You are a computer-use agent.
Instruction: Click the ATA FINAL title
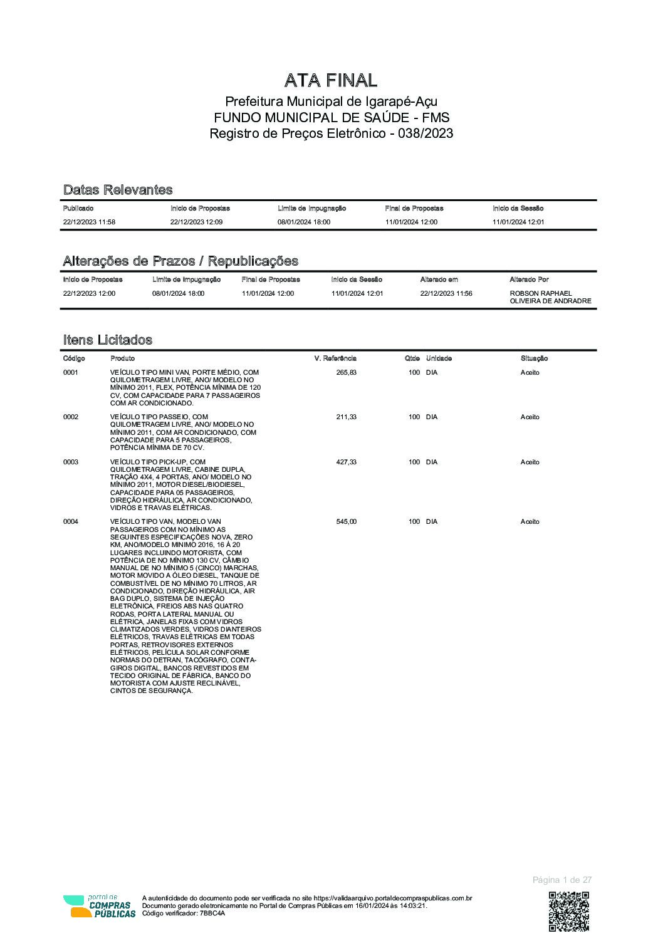click(x=331, y=80)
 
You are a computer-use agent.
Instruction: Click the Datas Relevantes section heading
click(x=118, y=190)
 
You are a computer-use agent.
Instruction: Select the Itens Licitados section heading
click(x=108, y=340)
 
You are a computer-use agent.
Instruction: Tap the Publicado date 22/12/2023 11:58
click(x=89, y=222)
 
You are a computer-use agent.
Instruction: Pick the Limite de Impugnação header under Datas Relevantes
click(x=311, y=208)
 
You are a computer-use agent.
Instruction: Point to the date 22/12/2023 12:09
click(x=196, y=222)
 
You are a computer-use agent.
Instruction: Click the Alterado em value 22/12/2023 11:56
click(x=446, y=293)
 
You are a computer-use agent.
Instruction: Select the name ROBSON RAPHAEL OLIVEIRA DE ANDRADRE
click(x=550, y=297)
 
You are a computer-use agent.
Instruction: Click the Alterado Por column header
click(x=529, y=279)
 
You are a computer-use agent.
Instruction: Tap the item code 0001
click(x=71, y=372)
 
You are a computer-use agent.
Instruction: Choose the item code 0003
click(x=71, y=462)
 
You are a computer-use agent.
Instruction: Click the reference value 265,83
click(x=346, y=372)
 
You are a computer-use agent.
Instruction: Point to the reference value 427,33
click(x=346, y=462)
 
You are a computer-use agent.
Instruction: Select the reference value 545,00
click(x=346, y=521)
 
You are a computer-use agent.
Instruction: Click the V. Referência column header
click(x=335, y=358)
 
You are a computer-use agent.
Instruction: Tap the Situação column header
click(x=534, y=358)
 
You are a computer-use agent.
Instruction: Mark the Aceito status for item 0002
click(x=530, y=417)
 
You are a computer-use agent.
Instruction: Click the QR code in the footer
click(x=569, y=910)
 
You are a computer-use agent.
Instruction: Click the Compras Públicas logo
click(x=99, y=906)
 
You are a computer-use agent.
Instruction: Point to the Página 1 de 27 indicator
click(x=561, y=880)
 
